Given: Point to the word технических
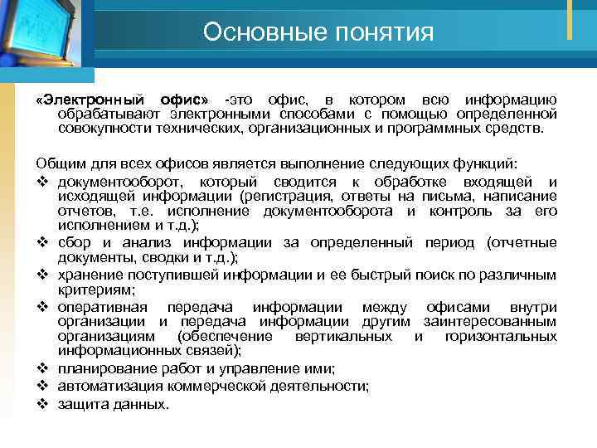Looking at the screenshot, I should (x=175, y=129).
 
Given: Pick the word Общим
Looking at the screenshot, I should (x=56, y=163).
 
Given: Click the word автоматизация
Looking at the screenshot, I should (x=112, y=386).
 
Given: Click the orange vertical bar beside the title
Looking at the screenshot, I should (x=570, y=18).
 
